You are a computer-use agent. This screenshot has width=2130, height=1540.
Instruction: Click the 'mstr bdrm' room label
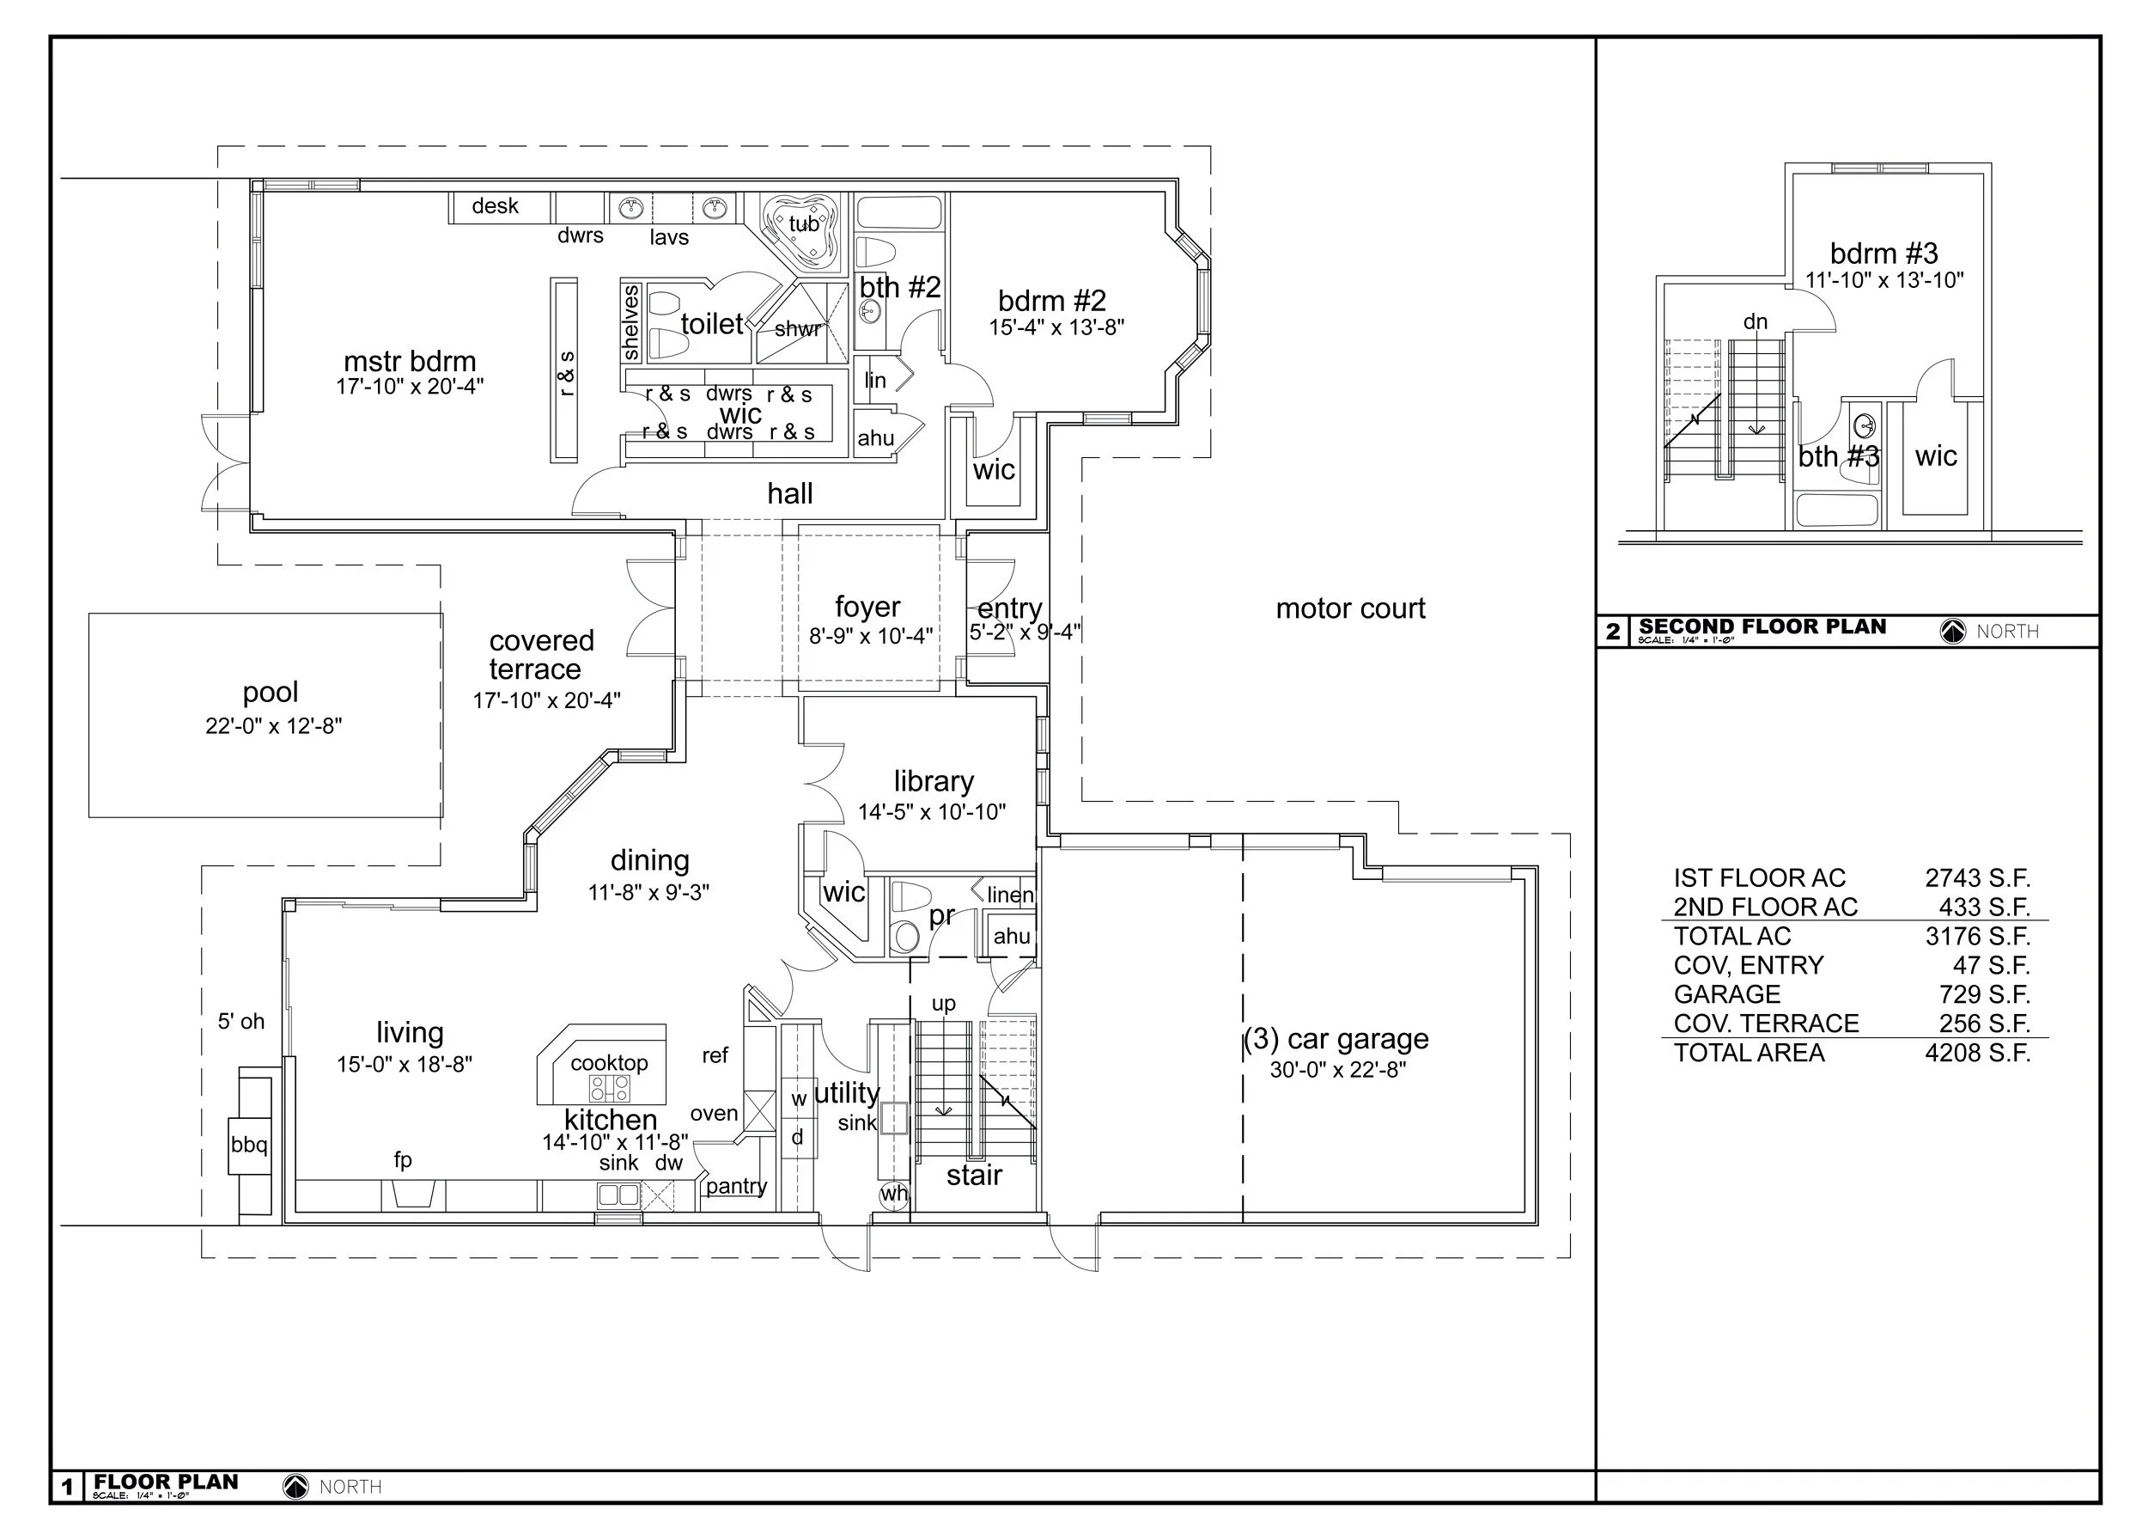410,362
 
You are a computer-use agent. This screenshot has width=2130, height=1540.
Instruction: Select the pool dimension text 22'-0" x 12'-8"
273,726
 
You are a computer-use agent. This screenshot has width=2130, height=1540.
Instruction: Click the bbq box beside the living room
250,1146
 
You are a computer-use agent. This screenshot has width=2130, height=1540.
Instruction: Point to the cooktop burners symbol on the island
610,1088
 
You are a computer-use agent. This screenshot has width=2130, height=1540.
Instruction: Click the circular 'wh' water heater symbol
893,1195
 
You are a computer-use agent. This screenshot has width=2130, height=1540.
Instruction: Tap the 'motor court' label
1349,608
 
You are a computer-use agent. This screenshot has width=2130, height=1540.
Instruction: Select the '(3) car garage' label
1336,1039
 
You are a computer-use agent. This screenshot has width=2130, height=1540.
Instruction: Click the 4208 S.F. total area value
1977,1054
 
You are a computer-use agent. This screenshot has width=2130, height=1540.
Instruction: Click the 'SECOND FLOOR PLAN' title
1762,626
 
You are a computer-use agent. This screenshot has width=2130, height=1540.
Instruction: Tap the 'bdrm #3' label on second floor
1883,254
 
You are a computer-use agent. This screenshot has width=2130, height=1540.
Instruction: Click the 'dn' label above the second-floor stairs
1756,322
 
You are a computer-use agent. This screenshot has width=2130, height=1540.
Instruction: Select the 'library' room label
933,782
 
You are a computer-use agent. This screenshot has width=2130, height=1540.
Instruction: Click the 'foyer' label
867,607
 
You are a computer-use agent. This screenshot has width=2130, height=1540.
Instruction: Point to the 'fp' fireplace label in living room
403,1160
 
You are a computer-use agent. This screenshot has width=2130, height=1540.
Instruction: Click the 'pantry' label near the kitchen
736,1186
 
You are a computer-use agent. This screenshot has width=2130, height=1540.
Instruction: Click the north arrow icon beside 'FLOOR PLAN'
295,1487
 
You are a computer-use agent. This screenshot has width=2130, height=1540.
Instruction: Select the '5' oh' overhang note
241,1021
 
